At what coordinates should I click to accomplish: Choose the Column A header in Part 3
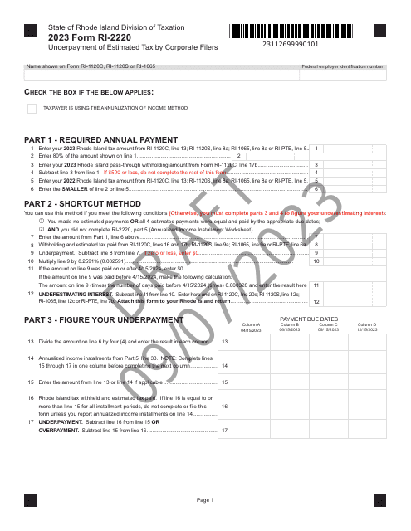251,327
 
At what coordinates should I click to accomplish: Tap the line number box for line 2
239,156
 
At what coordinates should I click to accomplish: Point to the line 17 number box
225,431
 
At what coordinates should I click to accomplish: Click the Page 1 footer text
206,500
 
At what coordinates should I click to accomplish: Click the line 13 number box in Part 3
225,342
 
